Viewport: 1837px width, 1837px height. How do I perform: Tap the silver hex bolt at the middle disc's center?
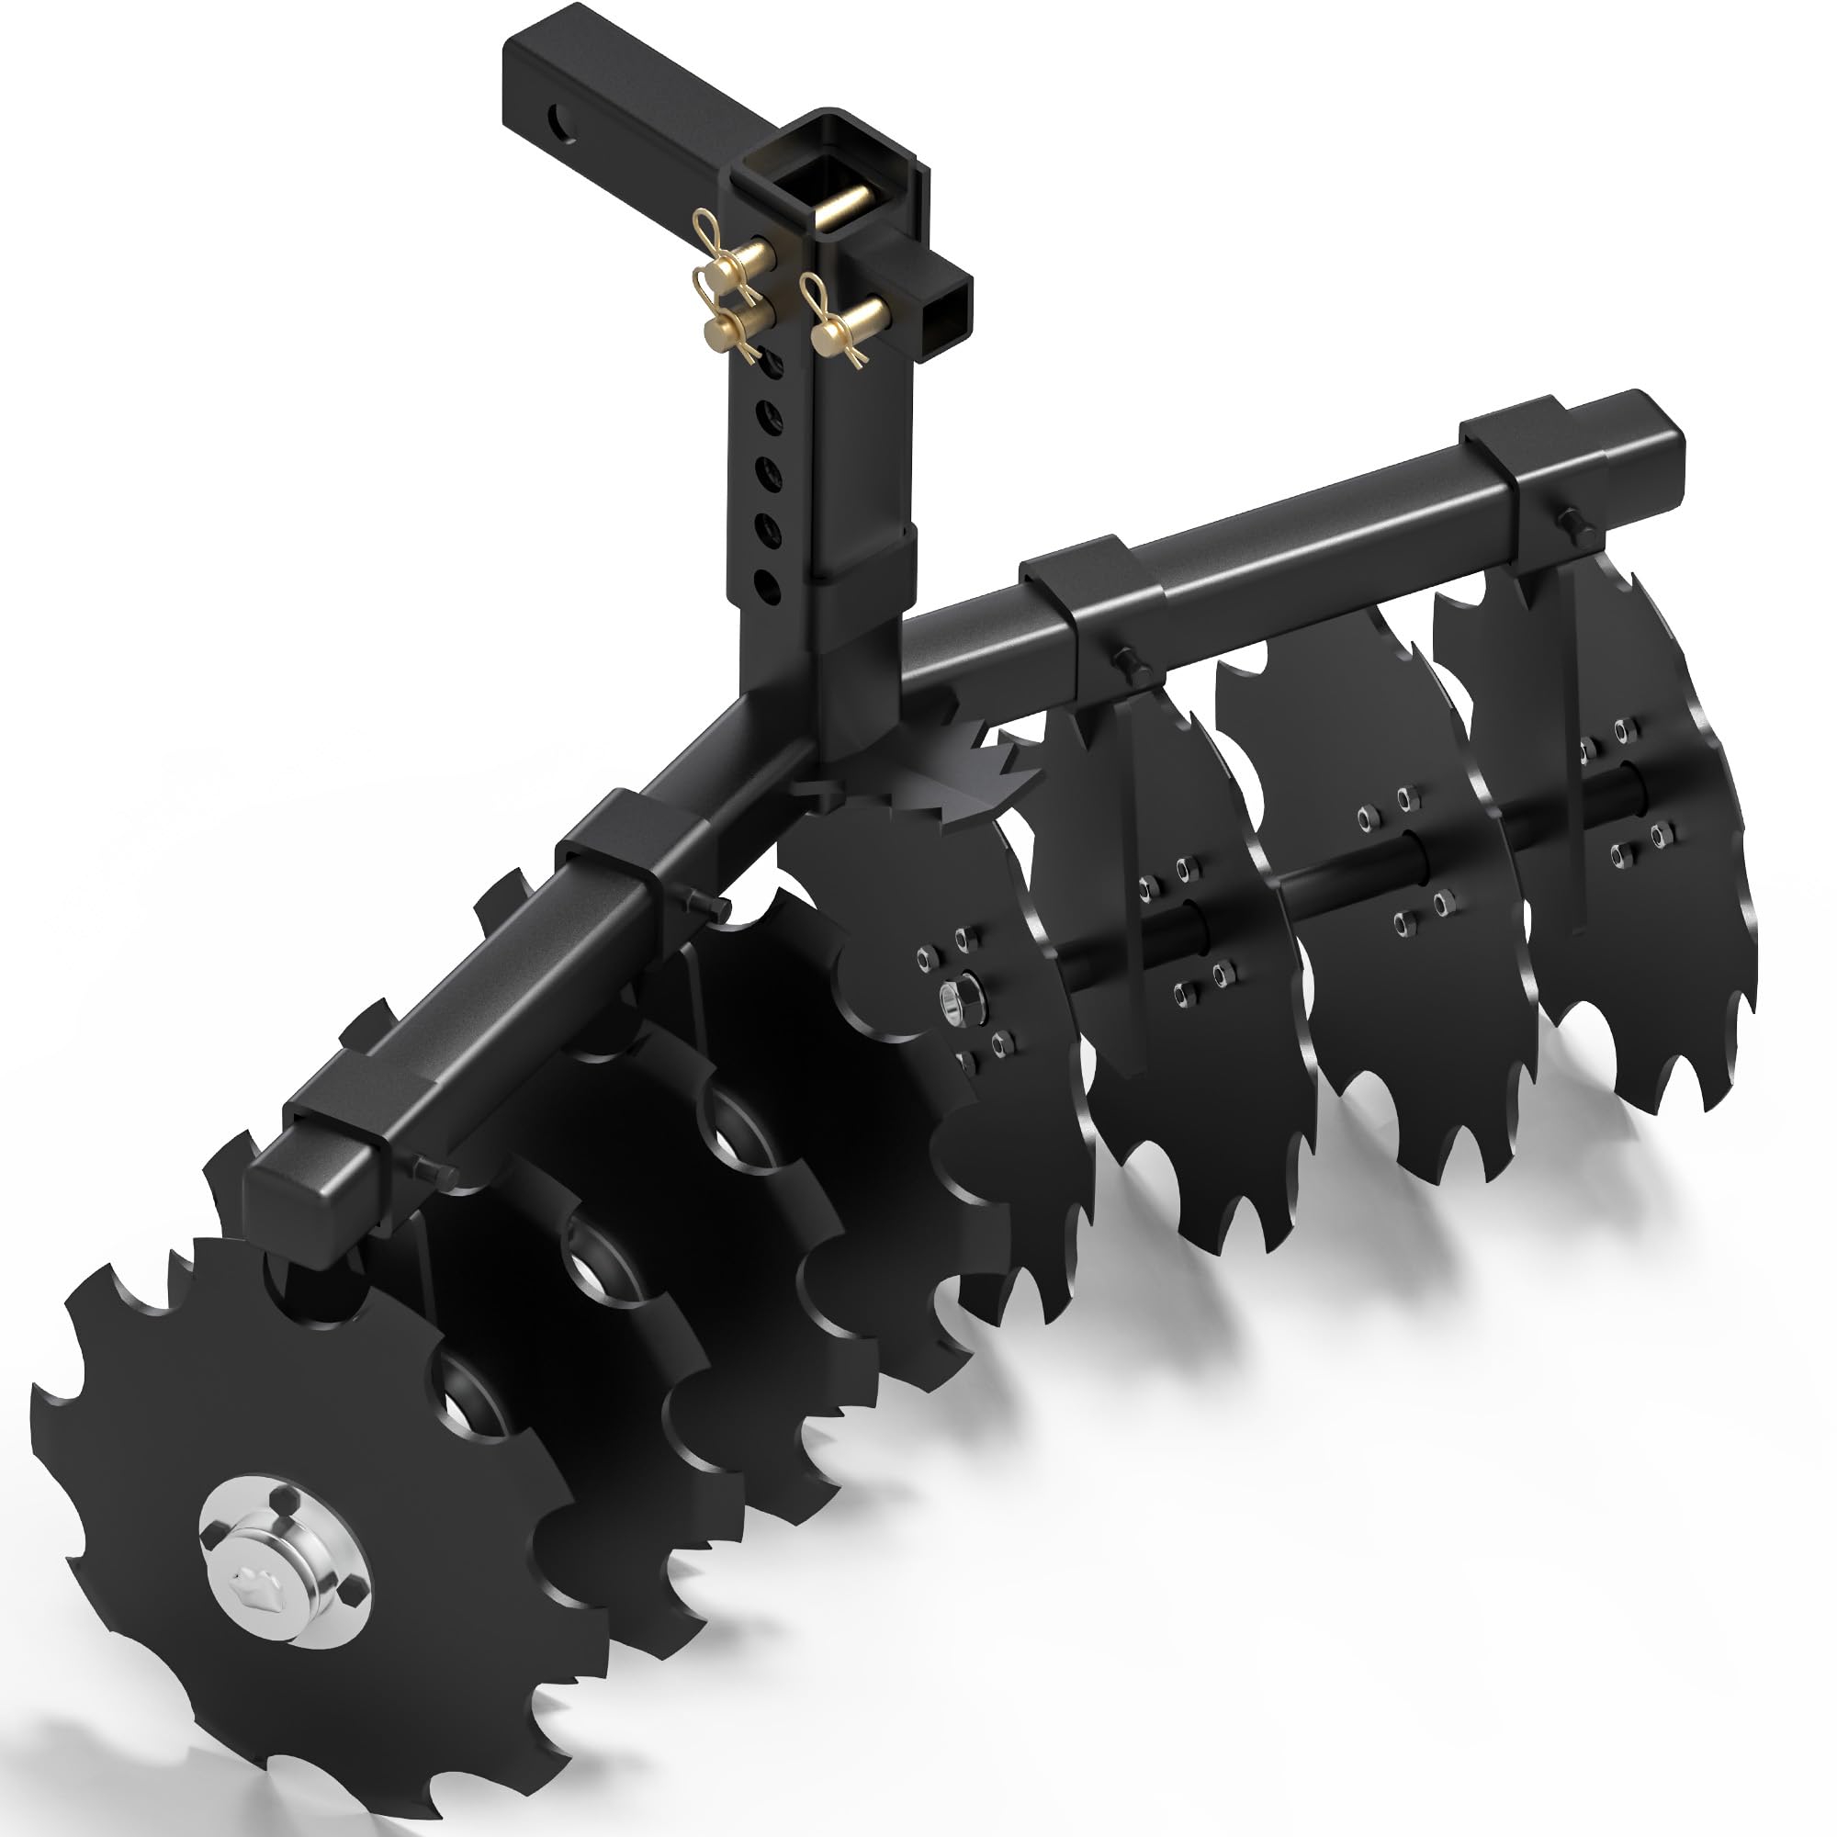pos(950,997)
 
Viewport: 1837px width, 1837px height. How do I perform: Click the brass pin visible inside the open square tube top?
pos(846,208)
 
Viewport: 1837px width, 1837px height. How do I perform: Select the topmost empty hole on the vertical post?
pos(768,366)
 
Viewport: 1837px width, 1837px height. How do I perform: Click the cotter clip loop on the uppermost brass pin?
pos(704,228)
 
